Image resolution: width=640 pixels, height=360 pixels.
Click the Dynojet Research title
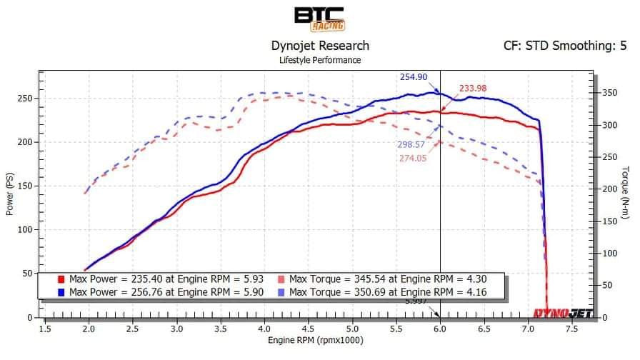pyautogui.click(x=320, y=46)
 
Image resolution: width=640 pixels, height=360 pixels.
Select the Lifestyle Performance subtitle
pyautogui.click(x=320, y=60)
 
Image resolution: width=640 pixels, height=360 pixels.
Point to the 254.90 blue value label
pyautogui.click(x=414, y=77)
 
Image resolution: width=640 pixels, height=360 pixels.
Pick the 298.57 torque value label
pyautogui.click(x=412, y=144)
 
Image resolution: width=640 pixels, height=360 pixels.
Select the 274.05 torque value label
pyautogui.click(x=413, y=158)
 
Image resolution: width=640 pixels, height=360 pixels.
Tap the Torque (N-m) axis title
pyautogui.click(x=626, y=192)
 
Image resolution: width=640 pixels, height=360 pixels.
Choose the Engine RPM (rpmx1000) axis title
pyautogui.click(x=315, y=340)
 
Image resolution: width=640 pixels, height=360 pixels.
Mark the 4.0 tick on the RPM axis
pyautogui.click(x=264, y=329)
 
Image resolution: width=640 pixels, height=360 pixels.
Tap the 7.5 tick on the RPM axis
pyautogui.click(x=571, y=329)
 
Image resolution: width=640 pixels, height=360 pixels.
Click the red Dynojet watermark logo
pyautogui.click(x=561, y=312)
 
